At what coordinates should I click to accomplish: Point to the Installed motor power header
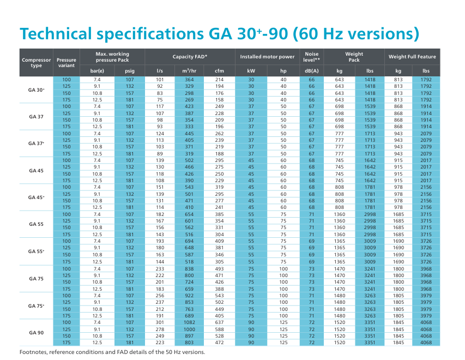(267, 57)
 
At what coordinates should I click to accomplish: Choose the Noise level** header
(312, 57)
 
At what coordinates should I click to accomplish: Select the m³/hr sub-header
(189, 71)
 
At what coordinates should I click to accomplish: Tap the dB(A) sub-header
(312, 71)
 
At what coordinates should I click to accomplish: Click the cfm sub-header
(219, 71)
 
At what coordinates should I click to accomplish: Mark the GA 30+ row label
(37, 89)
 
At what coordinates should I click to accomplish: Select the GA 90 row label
(37, 332)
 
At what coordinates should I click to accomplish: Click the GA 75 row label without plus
(37, 279)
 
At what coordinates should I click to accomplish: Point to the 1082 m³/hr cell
(189, 322)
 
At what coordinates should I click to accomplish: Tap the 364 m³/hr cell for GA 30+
(189, 80)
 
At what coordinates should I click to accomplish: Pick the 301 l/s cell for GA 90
(160, 322)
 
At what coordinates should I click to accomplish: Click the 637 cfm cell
(219, 322)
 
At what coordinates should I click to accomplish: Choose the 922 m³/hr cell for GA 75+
(189, 296)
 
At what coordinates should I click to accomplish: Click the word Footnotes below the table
(36, 352)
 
